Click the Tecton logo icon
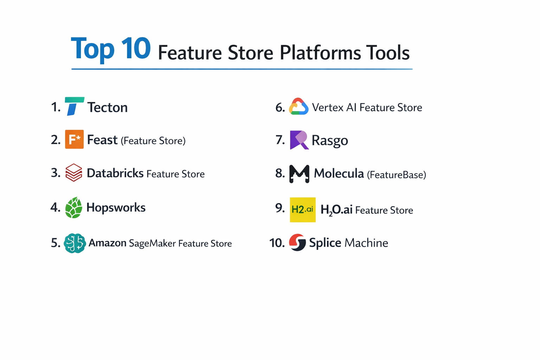click(x=74, y=106)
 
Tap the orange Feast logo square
click(x=74, y=139)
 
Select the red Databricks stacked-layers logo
click(x=74, y=172)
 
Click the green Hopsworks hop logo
click(x=73, y=207)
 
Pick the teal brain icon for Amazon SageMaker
click(x=75, y=243)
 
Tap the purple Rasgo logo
click(x=299, y=140)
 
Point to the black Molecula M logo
click(x=299, y=174)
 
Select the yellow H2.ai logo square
click(x=302, y=210)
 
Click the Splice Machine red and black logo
click(x=297, y=242)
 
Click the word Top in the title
click(x=93, y=49)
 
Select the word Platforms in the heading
click(x=320, y=53)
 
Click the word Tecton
click(x=107, y=108)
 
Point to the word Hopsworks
click(x=116, y=207)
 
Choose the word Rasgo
click(x=329, y=141)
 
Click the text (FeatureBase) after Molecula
click(x=396, y=175)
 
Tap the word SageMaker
click(x=152, y=243)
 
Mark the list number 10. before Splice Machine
click(x=277, y=243)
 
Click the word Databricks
click(x=115, y=173)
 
